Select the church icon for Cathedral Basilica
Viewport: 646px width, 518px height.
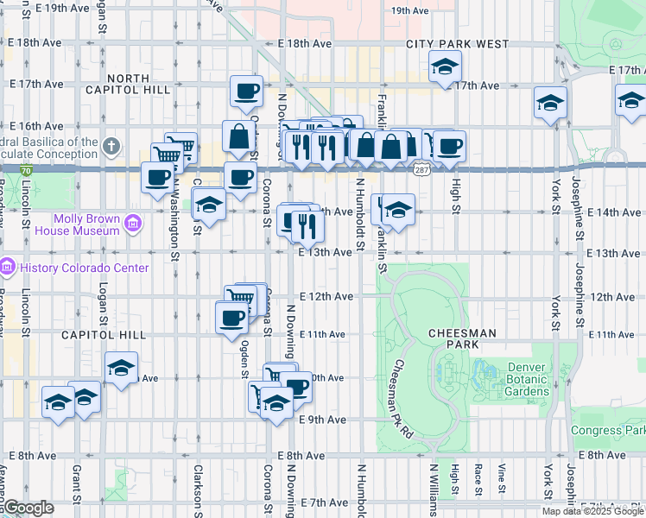click(111, 146)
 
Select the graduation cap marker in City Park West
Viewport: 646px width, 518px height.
click(445, 66)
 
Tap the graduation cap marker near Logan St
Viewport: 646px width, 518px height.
click(121, 368)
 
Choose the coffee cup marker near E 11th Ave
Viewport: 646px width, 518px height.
click(232, 317)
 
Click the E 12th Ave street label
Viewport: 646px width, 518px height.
click(332, 296)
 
